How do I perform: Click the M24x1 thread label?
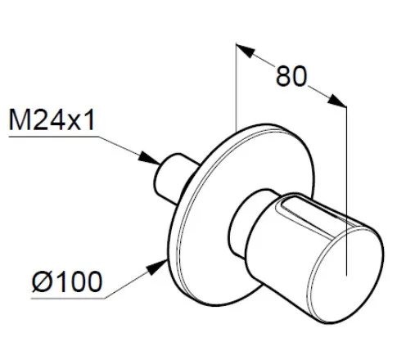pyautogui.click(x=52, y=120)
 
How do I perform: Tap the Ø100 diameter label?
pyautogui.click(x=67, y=281)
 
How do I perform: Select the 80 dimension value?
pyautogui.click(x=291, y=76)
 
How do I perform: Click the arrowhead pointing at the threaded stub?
pyautogui.click(x=149, y=158)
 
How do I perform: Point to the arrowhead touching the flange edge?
pyautogui.click(x=157, y=267)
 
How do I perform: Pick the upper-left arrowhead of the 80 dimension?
pyautogui.click(x=246, y=50)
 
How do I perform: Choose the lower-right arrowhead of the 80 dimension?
pyautogui.click(x=336, y=101)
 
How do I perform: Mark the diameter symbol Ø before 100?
pyautogui.click(x=43, y=281)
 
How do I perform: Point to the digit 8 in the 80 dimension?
pyautogui.click(x=284, y=76)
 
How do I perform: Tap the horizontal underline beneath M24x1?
pyautogui.click(x=54, y=137)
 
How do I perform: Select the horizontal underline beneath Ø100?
pyautogui.click(x=68, y=299)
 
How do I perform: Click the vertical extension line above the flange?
pyautogui.click(x=237, y=87)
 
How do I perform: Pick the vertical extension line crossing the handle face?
pyautogui.click(x=346, y=191)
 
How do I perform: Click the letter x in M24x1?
pyautogui.click(x=74, y=123)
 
